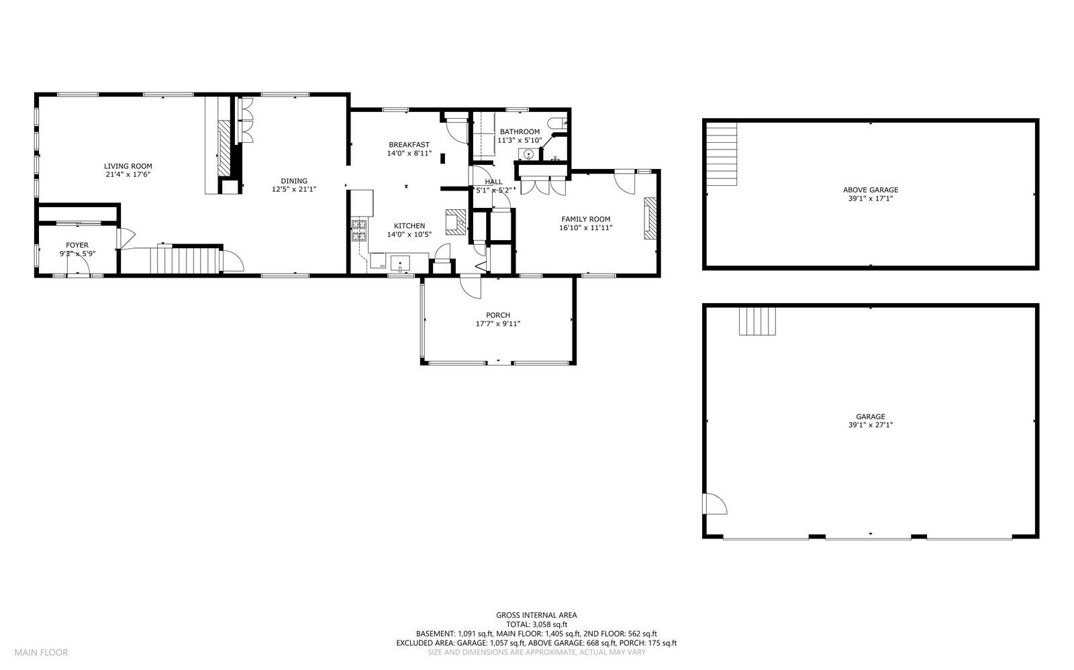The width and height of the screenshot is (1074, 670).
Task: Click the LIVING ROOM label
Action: point(128,166)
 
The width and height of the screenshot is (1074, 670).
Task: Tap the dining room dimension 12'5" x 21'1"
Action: point(294,190)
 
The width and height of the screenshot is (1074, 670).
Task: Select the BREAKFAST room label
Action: point(409,144)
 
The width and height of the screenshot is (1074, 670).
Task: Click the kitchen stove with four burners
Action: point(359,230)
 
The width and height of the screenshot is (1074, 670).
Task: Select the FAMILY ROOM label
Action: point(585,219)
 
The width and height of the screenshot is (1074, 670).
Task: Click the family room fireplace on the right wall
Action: point(650,218)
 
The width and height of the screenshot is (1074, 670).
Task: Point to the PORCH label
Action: point(498,315)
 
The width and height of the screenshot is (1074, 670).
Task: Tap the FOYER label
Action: point(77,245)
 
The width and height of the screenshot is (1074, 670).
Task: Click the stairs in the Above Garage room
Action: point(722,154)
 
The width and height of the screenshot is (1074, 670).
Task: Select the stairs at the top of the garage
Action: point(757,321)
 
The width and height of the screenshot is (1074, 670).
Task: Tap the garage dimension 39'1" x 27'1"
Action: point(870,425)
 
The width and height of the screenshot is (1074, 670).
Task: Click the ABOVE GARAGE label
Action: point(870,190)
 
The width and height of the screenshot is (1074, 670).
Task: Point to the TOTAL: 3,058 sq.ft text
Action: point(536,624)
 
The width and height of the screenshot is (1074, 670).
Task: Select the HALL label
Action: point(493,182)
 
